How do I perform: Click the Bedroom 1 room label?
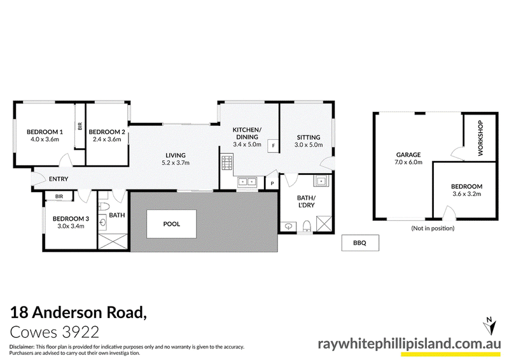coord(45,132)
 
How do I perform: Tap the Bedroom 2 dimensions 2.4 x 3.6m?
coord(107,139)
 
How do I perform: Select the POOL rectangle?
coord(171,224)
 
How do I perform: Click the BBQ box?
coord(360,243)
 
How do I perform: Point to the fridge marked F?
coord(273,146)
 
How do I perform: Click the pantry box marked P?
coord(272,183)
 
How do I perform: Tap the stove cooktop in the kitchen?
coord(227,163)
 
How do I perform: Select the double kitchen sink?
coord(248,182)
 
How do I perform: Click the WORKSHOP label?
coord(480,138)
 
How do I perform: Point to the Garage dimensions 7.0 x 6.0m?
coord(408,162)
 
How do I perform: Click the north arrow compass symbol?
coord(489,326)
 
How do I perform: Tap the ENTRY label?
coord(59,179)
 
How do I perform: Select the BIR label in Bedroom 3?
coord(59,197)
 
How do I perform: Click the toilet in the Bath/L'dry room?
coord(307,226)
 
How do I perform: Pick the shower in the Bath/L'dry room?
coord(324,223)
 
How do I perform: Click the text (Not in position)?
coord(433,228)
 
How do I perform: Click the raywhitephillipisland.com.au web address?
coord(409,343)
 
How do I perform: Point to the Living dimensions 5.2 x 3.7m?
coord(176,163)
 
